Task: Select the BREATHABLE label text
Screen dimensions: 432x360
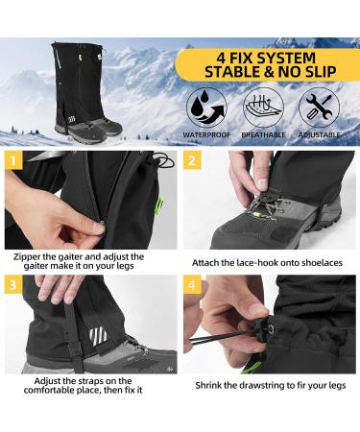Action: (264, 135)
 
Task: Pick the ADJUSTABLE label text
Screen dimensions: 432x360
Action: (319, 135)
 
